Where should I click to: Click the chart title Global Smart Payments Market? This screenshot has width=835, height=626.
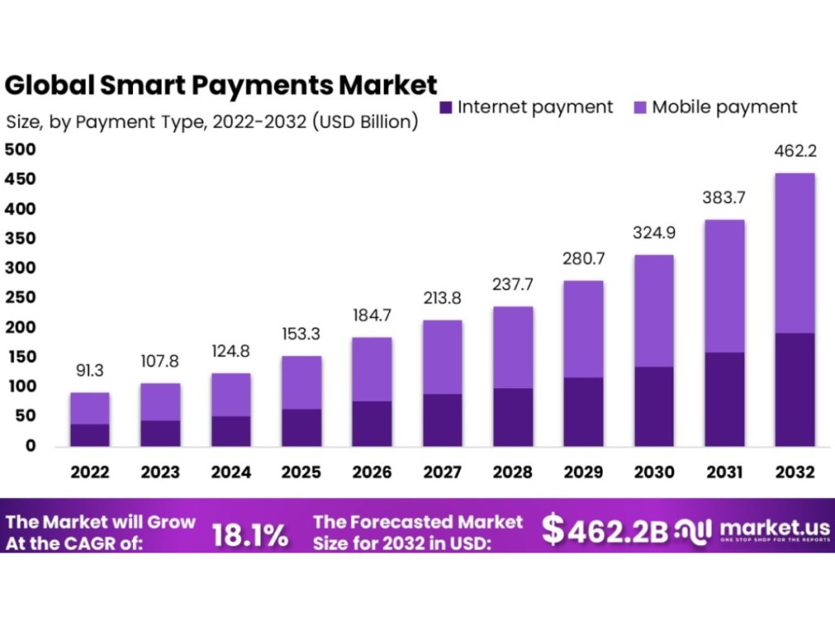(221, 85)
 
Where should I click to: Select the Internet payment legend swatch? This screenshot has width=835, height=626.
(445, 107)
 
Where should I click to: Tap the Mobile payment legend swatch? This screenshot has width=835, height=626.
(638, 107)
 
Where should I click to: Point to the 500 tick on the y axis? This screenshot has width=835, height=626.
(20, 149)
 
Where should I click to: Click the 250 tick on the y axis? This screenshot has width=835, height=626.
(20, 298)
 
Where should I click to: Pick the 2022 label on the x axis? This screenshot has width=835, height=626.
(89, 473)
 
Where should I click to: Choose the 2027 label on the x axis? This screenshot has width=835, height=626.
(442, 473)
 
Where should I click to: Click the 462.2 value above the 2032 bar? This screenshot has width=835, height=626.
(794, 152)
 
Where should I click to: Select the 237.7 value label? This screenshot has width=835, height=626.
(513, 284)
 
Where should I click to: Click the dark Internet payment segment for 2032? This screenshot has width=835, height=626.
(794, 389)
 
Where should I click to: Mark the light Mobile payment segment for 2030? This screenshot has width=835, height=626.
(653, 311)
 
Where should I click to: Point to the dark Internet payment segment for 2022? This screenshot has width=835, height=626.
(90, 434)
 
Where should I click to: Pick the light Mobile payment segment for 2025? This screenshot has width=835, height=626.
(301, 382)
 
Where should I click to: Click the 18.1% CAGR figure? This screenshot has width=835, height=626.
(250, 535)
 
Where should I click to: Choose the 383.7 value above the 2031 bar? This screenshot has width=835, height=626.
(724, 198)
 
